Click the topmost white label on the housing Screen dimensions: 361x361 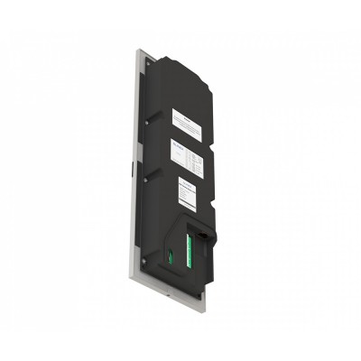coord(190,119)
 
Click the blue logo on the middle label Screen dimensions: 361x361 coord(176,145)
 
